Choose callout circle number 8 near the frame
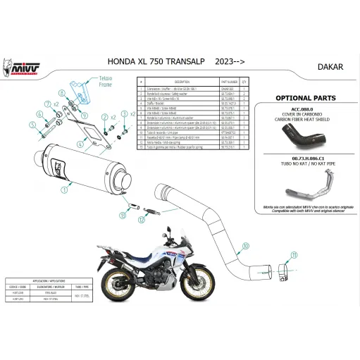click(61, 92)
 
